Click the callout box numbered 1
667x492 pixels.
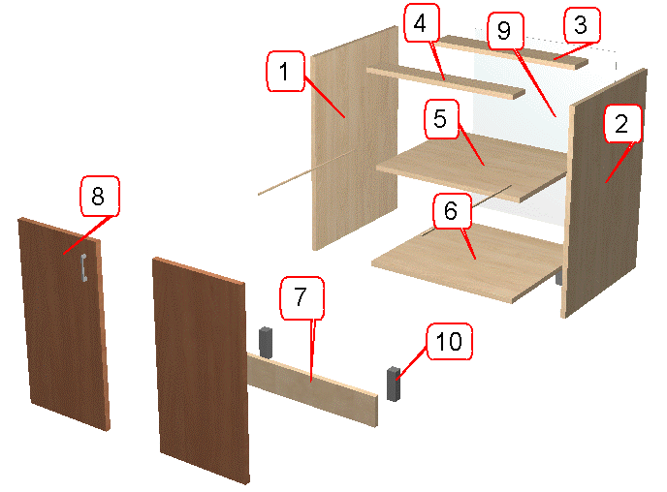pos(285,71)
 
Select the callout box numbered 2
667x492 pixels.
pos(621,124)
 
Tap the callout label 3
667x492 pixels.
pos(582,25)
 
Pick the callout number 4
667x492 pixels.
pos(421,23)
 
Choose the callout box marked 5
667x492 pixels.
pos(441,119)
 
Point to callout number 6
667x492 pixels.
pos(452,211)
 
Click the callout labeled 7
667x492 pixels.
pos(302,297)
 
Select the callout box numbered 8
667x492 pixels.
pos(100,196)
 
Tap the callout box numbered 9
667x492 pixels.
pos(505,31)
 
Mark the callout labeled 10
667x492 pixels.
pos(449,341)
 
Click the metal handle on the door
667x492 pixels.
pos(83,267)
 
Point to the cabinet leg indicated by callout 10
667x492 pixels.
pos(393,384)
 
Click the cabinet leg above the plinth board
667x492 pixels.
pos(266,342)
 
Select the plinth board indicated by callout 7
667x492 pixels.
pos(312,389)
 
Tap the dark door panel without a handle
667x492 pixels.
pos(201,370)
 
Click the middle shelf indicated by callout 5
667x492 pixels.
pos(472,168)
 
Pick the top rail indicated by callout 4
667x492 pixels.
pos(446,82)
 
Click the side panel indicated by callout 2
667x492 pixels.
pos(604,194)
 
